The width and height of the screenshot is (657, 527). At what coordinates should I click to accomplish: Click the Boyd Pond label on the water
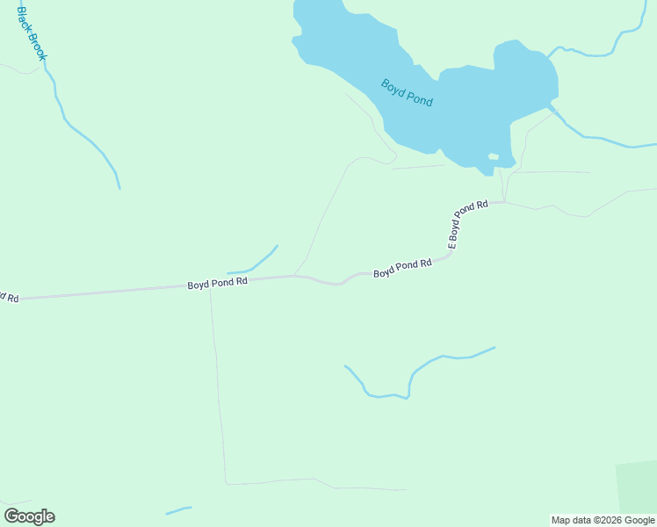(407, 93)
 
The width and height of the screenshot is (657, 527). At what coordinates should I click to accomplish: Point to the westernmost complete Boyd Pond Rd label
(217, 283)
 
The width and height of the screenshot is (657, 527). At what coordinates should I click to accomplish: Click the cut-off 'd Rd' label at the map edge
(8, 298)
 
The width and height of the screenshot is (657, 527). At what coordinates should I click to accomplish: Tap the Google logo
(29, 516)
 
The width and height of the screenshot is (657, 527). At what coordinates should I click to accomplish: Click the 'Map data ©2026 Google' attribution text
(603, 520)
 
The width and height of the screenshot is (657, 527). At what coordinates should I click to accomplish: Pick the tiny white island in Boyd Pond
(494, 157)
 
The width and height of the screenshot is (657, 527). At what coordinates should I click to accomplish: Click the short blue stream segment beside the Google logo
(178, 510)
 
